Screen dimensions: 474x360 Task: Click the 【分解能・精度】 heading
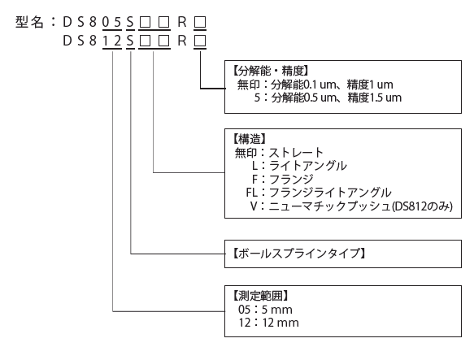point(270,71)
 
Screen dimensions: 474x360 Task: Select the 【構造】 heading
point(249,139)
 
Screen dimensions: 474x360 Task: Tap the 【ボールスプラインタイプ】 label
point(299,254)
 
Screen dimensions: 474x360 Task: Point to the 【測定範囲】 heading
point(260,296)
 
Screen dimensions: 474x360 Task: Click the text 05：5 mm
point(265,310)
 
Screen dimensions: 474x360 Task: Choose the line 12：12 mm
point(268,323)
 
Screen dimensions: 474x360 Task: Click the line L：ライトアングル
point(299,166)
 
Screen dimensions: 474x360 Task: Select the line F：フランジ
point(283,180)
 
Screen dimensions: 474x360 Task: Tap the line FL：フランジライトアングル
point(319,193)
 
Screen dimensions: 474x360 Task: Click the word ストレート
point(296,153)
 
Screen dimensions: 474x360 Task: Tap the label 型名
point(29,22)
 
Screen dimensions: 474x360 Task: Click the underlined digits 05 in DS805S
point(112,22)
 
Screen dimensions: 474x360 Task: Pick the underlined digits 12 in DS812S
point(112,41)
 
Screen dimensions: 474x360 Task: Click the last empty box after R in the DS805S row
point(200,23)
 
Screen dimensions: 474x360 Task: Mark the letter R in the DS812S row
point(182,41)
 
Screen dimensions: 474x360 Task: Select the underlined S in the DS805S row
point(130,22)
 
